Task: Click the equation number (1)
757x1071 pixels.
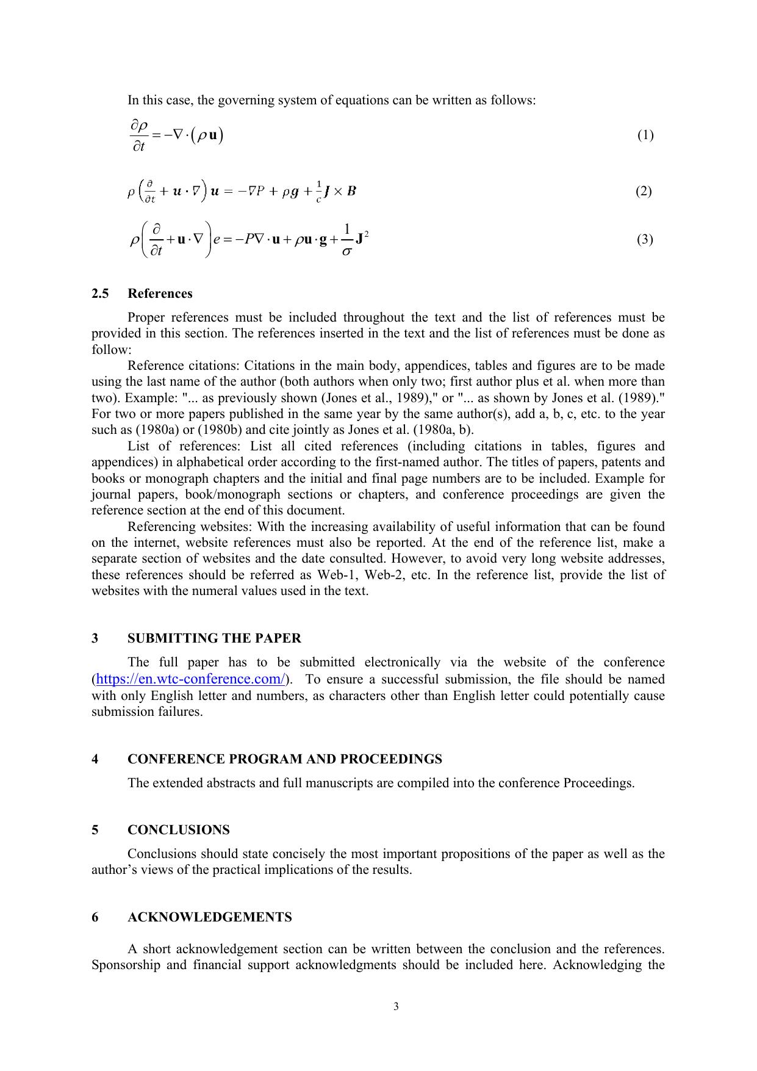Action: pyautogui.click(x=645, y=135)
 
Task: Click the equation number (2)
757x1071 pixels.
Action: pyautogui.click(x=644, y=192)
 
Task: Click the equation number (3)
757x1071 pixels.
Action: pyautogui.click(x=645, y=239)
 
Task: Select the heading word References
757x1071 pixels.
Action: pyautogui.click(x=160, y=294)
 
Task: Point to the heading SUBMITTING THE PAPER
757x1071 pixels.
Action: pyautogui.click(x=214, y=638)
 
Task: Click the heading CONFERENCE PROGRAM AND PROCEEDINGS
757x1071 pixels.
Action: pyautogui.click(x=285, y=759)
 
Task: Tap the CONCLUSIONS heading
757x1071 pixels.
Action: pyautogui.click(x=179, y=830)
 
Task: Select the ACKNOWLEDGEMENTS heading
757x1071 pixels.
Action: pyautogui.click(x=210, y=917)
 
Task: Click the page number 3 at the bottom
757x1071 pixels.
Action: pyautogui.click(x=396, y=1007)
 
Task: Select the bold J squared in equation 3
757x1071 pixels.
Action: pyautogui.click(x=362, y=239)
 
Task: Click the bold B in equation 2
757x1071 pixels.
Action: pyautogui.click(x=351, y=192)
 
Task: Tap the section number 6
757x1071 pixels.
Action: pyautogui.click(x=95, y=917)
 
